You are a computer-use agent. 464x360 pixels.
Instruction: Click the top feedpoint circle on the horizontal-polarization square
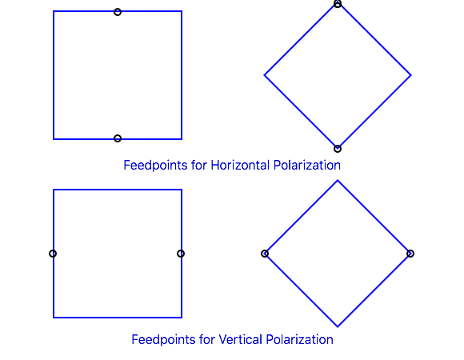(x=118, y=9)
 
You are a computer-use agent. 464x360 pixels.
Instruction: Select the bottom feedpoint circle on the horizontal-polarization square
(x=118, y=135)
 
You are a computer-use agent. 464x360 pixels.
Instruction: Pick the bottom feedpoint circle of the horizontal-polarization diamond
(x=338, y=146)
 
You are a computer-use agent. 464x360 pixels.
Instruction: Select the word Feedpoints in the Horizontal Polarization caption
(x=155, y=165)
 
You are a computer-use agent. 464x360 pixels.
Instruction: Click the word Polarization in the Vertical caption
(x=299, y=339)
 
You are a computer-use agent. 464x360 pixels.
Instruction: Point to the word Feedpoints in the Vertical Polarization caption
(x=163, y=339)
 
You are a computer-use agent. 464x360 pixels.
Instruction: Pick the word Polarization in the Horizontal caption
(x=307, y=165)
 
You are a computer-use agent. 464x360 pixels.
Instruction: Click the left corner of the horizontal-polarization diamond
(x=264, y=75)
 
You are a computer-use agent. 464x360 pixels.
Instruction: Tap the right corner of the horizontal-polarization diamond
(x=410, y=75)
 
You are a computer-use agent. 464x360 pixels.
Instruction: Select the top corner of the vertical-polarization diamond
(x=338, y=181)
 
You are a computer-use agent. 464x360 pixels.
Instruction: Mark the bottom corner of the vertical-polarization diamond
(x=338, y=326)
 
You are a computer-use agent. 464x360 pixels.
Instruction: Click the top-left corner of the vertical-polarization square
(x=54, y=190)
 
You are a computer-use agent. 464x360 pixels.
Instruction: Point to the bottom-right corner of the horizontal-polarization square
(x=182, y=139)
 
